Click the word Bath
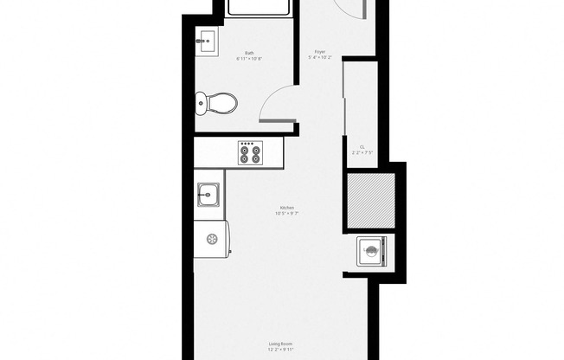(249, 54)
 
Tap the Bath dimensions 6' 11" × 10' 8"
(249, 59)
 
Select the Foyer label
(319, 53)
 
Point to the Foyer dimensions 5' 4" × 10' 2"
(319, 58)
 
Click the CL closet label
(362, 146)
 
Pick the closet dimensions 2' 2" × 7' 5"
(362, 152)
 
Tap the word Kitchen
(286, 208)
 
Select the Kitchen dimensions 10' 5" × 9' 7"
(286, 213)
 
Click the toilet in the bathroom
(217, 105)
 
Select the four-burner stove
(250, 153)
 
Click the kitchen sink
(208, 196)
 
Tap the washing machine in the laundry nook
(370, 253)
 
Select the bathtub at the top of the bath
(257, 7)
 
